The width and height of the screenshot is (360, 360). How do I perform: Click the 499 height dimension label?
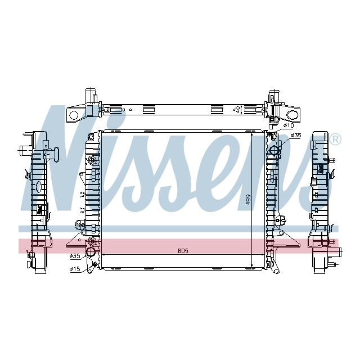coord(248,200)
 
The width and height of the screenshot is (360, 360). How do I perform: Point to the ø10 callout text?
coord(289,125)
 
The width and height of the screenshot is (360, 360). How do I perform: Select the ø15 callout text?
coord(74,268)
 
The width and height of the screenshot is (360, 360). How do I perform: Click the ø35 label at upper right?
coord(296,136)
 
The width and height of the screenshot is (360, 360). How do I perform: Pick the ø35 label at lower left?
coord(75,256)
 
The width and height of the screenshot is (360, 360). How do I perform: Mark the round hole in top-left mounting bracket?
coord(73,115)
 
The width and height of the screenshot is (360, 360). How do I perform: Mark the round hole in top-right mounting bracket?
coord(292,115)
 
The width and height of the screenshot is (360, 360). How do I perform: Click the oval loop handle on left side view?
coord(38,187)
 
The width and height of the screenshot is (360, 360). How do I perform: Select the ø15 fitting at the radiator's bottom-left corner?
coord(95,264)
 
